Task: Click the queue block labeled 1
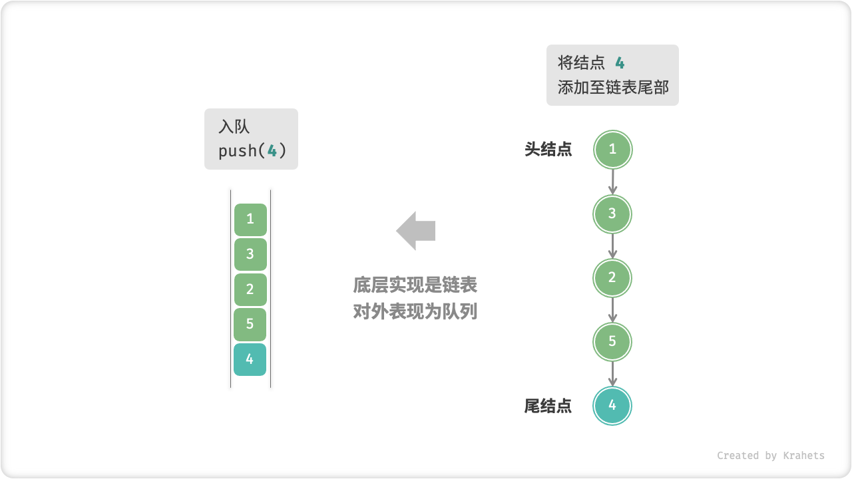click(x=250, y=220)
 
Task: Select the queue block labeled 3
click(x=250, y=254)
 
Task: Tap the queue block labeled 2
click(x=250, y=289)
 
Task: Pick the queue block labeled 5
click(x=250, y=325)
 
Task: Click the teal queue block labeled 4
click(x=250, y=359)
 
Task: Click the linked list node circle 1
click(x=612, y=150)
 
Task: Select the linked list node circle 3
click(x=612, y=214)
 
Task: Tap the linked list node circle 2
click(x=612, y=278)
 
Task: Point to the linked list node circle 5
click(x=612, y=342)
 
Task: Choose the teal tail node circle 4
click(x=612, y=406)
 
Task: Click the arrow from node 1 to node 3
click(x=612, y=182)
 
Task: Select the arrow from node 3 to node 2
click(x=612, y=245)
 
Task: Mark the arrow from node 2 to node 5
click(x=612, y=310)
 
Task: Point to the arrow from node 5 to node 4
click(x=612, y=374)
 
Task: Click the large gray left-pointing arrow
click(x=416, y=231)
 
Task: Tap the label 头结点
click(x=548, y=150)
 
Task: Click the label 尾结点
click(x=548, y=406)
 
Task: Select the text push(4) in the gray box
click(x=252, y=151)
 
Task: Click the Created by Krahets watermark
click(x=770, y=456)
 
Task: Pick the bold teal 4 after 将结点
click(x=620, y=63)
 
